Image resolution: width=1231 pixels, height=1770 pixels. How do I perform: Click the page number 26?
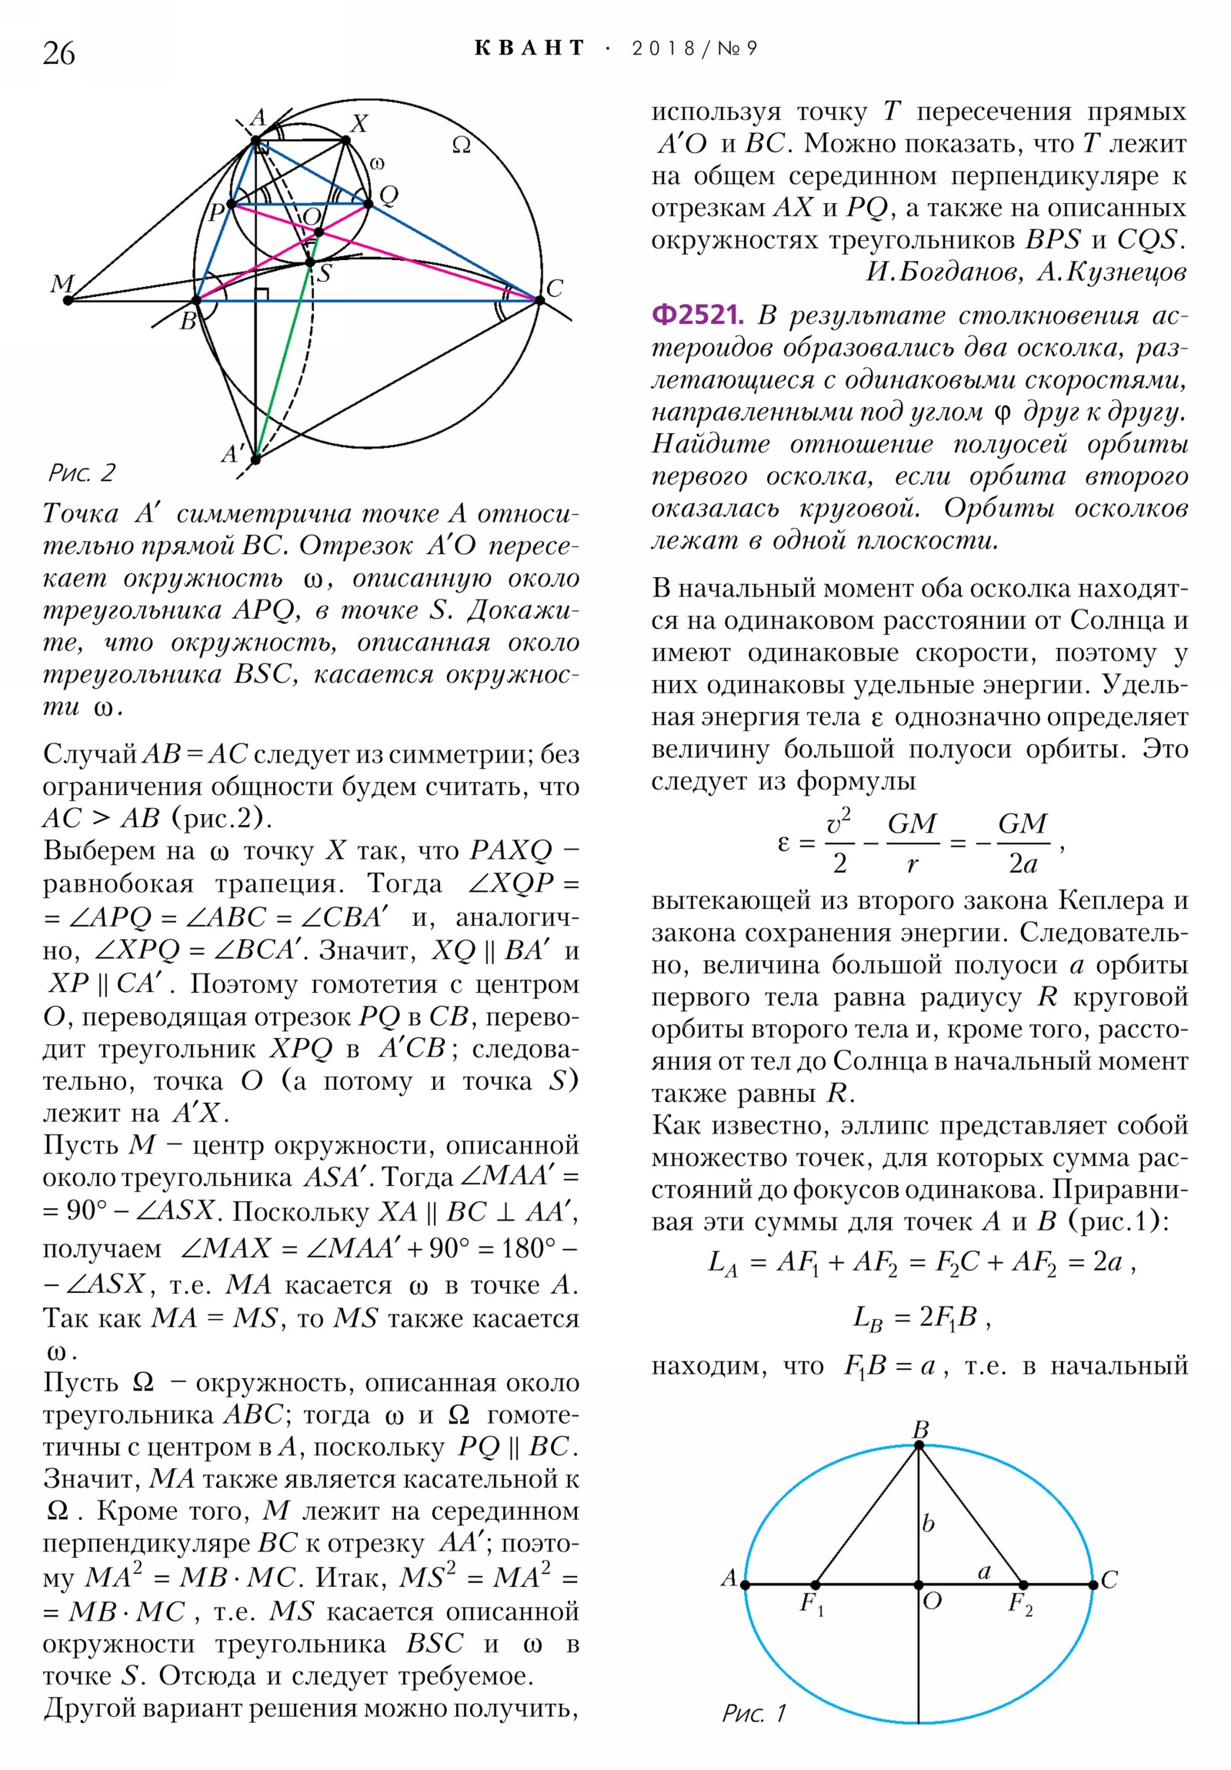[58, 53]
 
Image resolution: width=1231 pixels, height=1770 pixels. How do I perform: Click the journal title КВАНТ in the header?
[529, 48]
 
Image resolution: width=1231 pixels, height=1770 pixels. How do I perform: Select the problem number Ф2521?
[697, 316]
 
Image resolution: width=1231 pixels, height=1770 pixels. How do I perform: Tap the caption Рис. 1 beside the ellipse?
[753, 1713]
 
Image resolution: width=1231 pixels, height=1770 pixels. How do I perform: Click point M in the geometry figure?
[68, 300]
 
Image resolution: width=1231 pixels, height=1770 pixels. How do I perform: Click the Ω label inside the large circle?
[461, 145]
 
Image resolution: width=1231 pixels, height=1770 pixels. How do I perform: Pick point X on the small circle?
[346, 140]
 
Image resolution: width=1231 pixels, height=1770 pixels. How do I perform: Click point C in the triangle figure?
[539, 300]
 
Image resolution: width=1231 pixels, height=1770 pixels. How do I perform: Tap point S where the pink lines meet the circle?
[310, 263]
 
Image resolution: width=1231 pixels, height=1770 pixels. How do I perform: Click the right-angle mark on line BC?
[262, 294]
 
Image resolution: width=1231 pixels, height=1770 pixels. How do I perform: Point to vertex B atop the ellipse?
[919, 1446]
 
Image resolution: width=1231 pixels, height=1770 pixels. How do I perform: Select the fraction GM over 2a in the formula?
[1022, 843]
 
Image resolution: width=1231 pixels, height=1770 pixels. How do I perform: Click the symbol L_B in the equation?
[867, 1318]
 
